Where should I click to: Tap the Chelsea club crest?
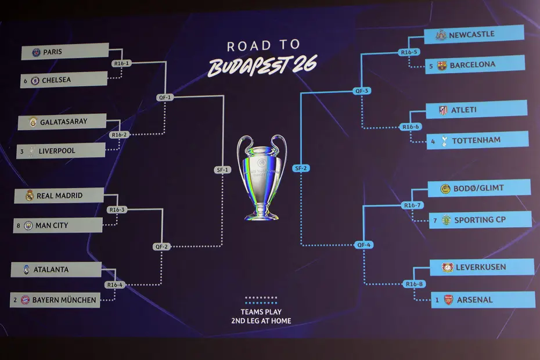coord(35,81)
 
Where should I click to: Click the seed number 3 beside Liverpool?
coord(21,152)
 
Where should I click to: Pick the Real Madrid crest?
coord(29,196)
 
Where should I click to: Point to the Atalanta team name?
coord(51,269)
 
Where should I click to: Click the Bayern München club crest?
coord(25,300)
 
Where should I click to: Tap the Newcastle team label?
coord(471,34)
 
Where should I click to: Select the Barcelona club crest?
coord(442,65)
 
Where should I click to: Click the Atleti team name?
coord(464,110)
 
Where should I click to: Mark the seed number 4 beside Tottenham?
coord(433,141)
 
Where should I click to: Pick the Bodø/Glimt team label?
coord(479,188)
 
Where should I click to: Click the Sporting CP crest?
coord(446,220)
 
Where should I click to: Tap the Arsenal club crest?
coord(448,300)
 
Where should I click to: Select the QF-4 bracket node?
coord(363,245)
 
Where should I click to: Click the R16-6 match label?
coord(410,127)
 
